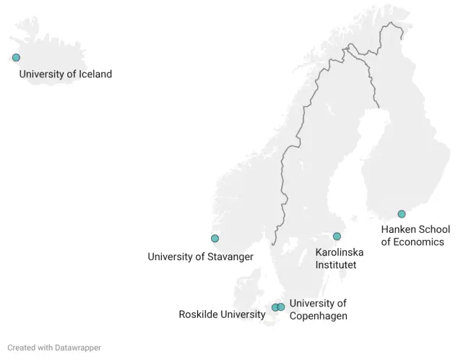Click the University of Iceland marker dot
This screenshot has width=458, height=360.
[16, 58]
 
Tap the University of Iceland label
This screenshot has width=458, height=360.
[65, 74]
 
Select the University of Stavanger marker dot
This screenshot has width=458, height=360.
[215, 239]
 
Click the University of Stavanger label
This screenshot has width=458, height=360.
[200, 257]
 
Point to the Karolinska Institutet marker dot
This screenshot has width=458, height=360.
[337, 236]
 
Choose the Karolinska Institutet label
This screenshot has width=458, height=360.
[339, 258]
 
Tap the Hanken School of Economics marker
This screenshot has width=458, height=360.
[402, 214]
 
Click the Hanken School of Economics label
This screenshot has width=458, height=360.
[415, 236]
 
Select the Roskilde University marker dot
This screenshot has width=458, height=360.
[275, 307]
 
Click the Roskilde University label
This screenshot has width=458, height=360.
[222, 314]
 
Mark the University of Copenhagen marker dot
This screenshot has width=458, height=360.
[282, 307]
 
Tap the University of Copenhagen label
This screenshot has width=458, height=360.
[318, 309]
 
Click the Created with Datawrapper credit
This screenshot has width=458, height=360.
[54, 348]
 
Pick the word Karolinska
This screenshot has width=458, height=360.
[340, 252]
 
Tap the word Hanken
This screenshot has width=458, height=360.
[399, 230]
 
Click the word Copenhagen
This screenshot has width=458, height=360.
[318, 316]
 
